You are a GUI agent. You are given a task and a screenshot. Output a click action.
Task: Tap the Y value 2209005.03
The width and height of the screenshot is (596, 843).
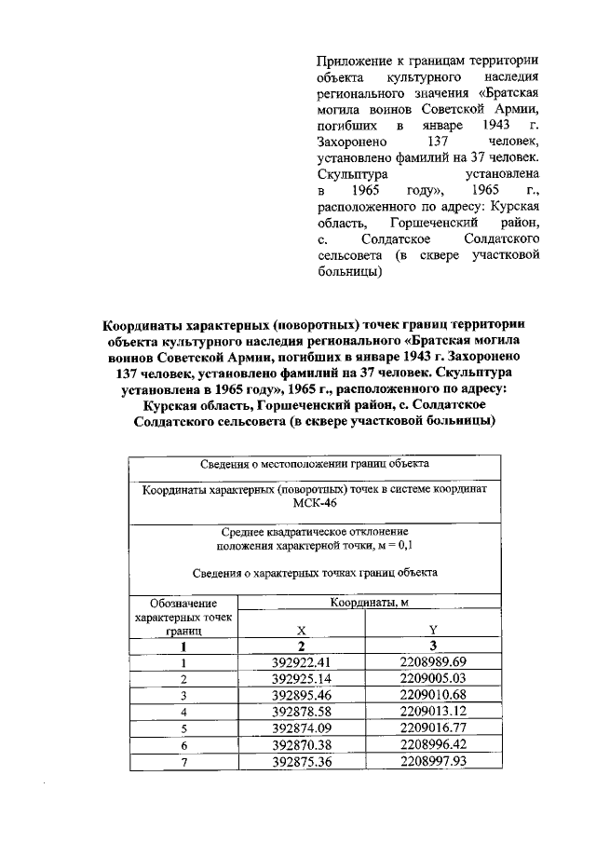[430, 679]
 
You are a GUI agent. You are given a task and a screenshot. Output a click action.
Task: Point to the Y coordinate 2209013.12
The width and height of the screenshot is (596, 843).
[430, 712]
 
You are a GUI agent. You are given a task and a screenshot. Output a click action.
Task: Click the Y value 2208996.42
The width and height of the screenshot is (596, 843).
[430, 745]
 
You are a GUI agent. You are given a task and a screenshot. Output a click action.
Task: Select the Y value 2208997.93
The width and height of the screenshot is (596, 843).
[430, 762]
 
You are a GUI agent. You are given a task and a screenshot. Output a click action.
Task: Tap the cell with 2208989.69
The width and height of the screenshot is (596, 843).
[430, 662]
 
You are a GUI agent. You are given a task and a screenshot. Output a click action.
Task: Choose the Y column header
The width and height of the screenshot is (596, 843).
[432, 630]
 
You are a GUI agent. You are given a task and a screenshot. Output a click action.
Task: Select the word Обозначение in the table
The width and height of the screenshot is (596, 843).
[184, 604]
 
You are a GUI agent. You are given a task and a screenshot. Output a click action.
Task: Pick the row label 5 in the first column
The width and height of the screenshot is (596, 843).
[184, 728]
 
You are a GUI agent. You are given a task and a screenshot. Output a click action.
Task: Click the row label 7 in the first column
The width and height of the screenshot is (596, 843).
[184, 762]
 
